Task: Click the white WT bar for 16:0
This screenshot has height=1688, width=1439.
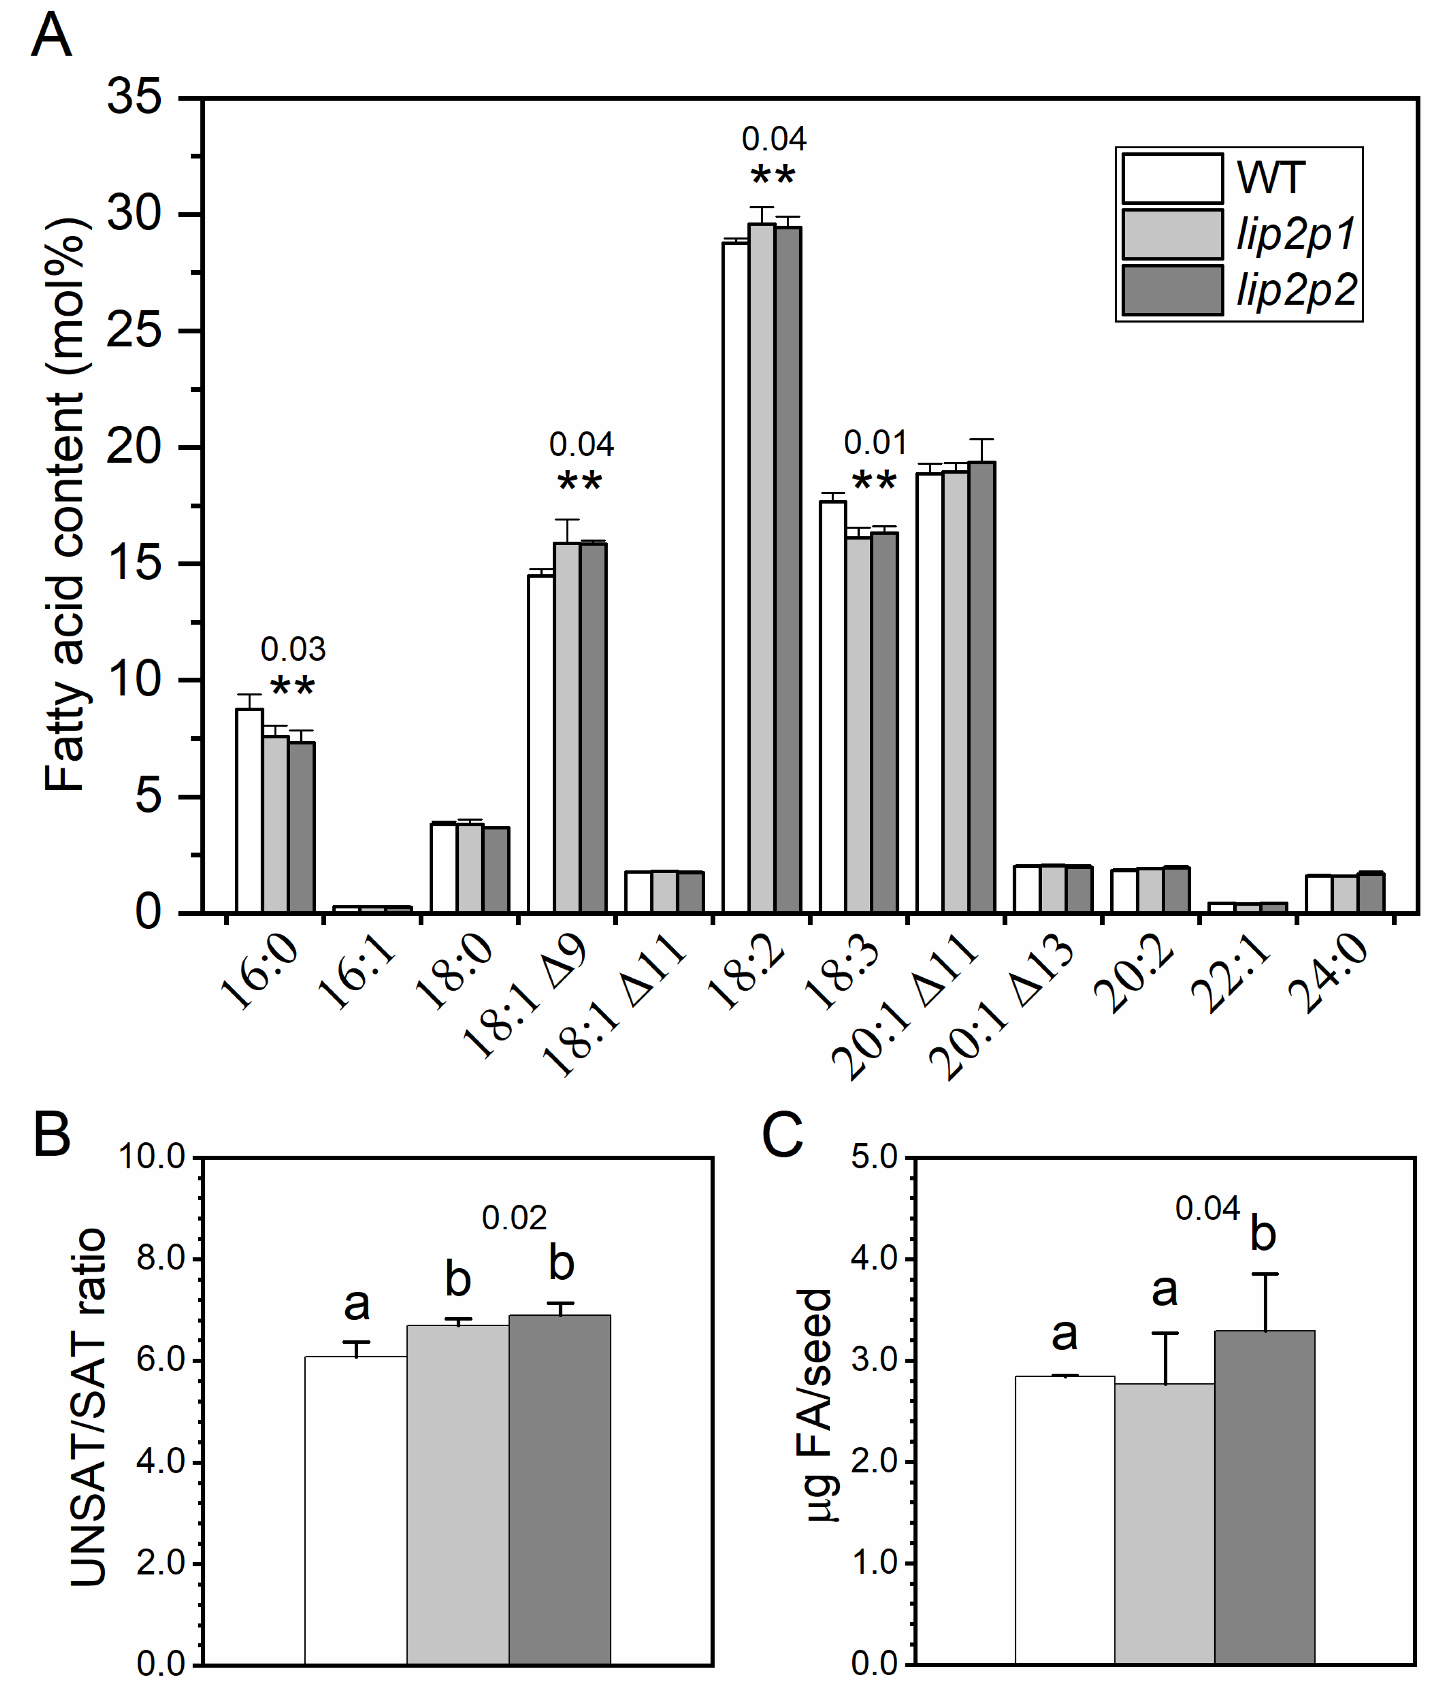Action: point(249,810)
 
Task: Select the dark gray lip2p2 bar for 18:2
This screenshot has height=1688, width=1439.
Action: point(788,570)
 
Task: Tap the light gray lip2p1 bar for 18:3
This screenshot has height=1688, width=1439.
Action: point(858,725)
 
